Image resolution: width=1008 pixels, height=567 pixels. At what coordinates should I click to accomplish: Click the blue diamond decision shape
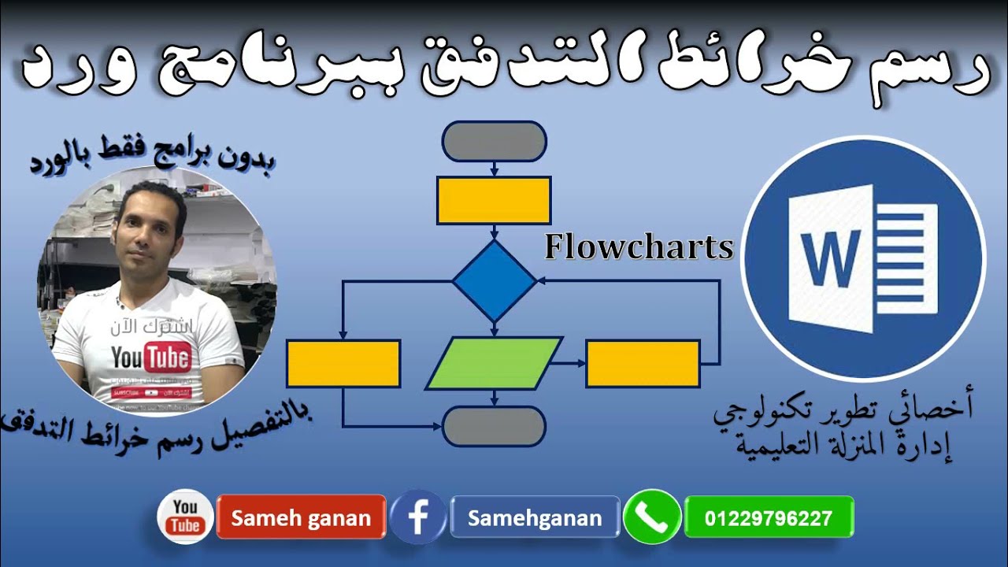pyautogui.click(x=494, y=280)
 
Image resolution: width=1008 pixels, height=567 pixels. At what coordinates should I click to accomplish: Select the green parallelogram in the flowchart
pyautogui.click(x=494, y=363)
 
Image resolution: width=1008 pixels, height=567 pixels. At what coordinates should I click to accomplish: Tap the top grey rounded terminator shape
pyautogui.click(x=494, y=142)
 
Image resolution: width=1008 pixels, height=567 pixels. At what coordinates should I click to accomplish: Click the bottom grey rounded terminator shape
pyautogui.click(x=494, y=426)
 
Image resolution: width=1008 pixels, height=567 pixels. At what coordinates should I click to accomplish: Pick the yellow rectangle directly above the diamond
pyautogui.click(x=494, y=200)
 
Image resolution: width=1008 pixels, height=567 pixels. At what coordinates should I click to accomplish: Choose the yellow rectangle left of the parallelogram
pyautogui.click(x=343, y=363)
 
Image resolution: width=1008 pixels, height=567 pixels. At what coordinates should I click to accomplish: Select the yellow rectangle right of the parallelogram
pyautogui.click(x=643, y=363)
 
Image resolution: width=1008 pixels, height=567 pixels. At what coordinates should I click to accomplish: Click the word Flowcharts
pyautogui.click(x=639, y=247)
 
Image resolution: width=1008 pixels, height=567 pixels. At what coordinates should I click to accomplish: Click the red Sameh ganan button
pyautogui.click(x=301, y=517)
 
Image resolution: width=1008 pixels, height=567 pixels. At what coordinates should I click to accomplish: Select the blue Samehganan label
pyautogui.click(x=535, y=517)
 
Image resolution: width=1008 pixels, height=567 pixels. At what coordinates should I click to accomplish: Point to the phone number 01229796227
pyautogui.click(x=769, y=517)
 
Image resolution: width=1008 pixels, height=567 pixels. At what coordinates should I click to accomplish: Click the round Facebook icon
pyautogui.click(x=418, y=517)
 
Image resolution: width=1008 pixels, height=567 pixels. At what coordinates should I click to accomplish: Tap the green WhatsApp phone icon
pyautogui.click(x=652, y=517)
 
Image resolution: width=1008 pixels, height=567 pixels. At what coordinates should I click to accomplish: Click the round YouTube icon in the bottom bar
pyautogui.click(x=186, y=517)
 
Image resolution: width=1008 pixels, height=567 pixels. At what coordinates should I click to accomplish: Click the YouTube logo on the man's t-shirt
pyautogui.click(x=151, y=359)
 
